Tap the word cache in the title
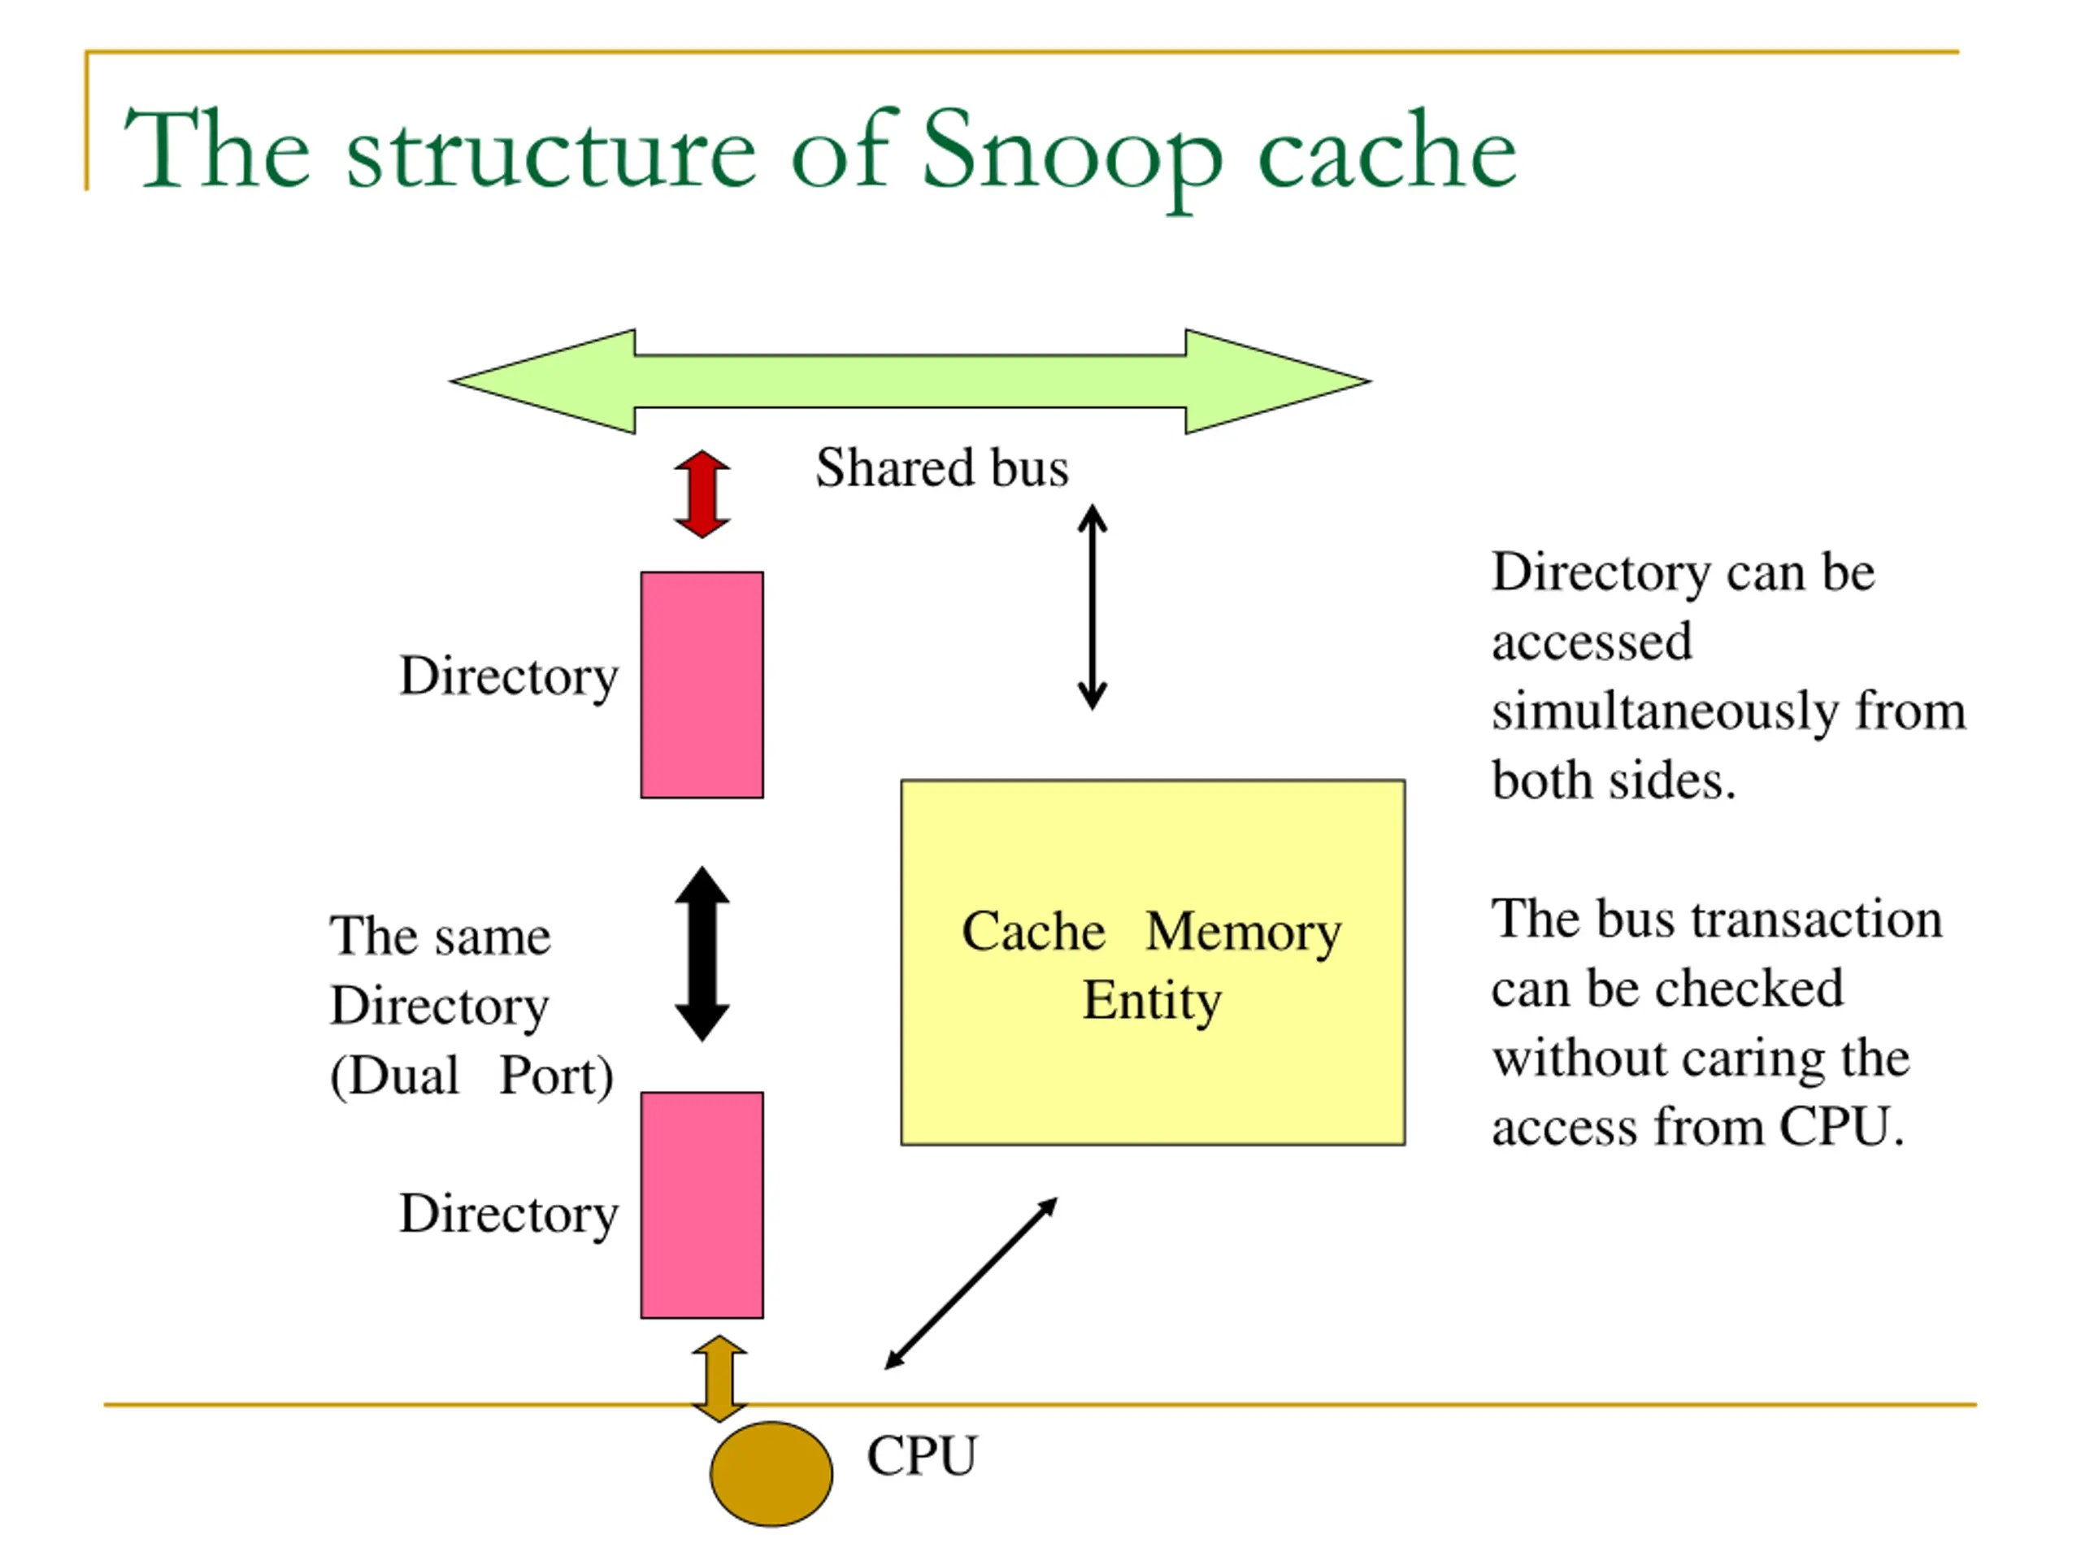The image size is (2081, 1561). coord(1388,150)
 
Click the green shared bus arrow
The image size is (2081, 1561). coord(910,381)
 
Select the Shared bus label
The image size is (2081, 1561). coord(941,467)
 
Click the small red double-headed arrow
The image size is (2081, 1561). coord(702,494)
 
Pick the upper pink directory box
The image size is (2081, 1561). coord(702,685)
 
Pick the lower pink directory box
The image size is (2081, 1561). coord(702,1206)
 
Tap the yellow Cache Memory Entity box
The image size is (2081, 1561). coord(1153,963)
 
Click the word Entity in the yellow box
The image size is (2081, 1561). coord(1152,1001)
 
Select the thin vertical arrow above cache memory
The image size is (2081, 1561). coord(1093,607)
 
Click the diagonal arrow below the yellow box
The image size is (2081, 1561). coord(971,1284)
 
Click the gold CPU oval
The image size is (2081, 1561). coord(771,1473)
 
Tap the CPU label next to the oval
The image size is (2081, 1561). coord(922,1457)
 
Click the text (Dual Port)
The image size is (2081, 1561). coord(471,1076)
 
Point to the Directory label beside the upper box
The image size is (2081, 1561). coord(509,677)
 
